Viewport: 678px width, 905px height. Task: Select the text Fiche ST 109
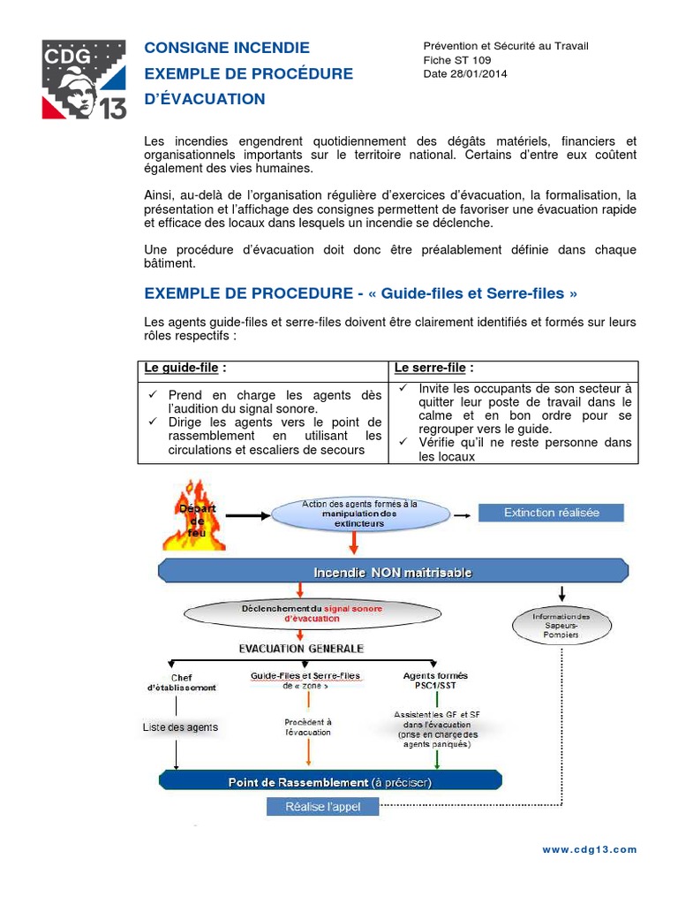pyautogui.click(x=458, y=60)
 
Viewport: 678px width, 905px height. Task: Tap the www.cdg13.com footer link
pyautogui.click(x=589, y=849)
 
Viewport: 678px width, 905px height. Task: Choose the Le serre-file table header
pyautogui.click(x=433, y=368)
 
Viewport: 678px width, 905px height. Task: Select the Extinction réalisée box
pyautogui.click(x=551, y=513)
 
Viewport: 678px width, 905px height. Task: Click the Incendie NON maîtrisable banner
pyautogui.click(x=393, y=572)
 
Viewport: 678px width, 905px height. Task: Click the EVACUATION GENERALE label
pyautogui.click(x=301, y=648)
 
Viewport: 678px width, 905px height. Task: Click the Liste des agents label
pyautogui.click(x=180, y=727)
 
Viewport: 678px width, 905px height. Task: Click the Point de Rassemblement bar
pyautogui.click(x=330, y=782)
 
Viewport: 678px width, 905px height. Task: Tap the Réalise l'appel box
pyautogui.click(x=321, y=806)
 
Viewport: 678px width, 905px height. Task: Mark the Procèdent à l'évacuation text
pyautogui.click(x=308, y=726)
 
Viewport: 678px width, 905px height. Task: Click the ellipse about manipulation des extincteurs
pyautogui.click(x=360, y=513)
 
